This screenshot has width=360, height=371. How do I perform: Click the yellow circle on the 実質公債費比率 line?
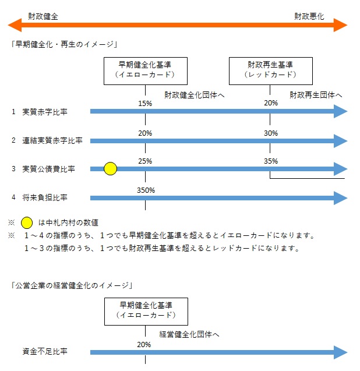(110, 169)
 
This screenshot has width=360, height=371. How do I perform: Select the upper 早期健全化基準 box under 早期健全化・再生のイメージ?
(144, 69)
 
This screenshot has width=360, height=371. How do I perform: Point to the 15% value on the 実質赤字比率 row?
(145, 104)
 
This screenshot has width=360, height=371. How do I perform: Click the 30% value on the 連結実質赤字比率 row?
(270, 133)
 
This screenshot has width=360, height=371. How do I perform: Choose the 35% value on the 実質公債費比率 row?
(270, 161)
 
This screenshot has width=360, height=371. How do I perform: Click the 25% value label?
(145, 161)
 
